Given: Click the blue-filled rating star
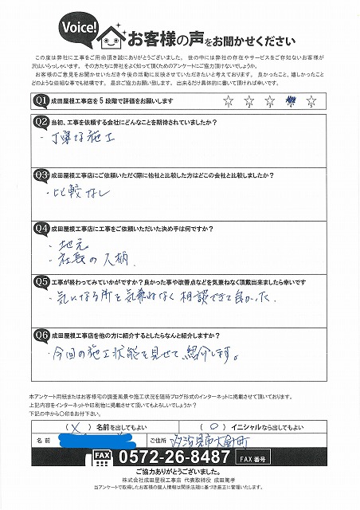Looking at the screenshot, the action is pos(291,100).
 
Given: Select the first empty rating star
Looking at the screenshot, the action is pos(229,100).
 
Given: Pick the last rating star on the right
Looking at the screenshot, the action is pos(311,100).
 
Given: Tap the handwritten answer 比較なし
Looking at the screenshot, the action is pos(71,193).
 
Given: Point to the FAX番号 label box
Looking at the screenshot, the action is pos(254,459).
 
